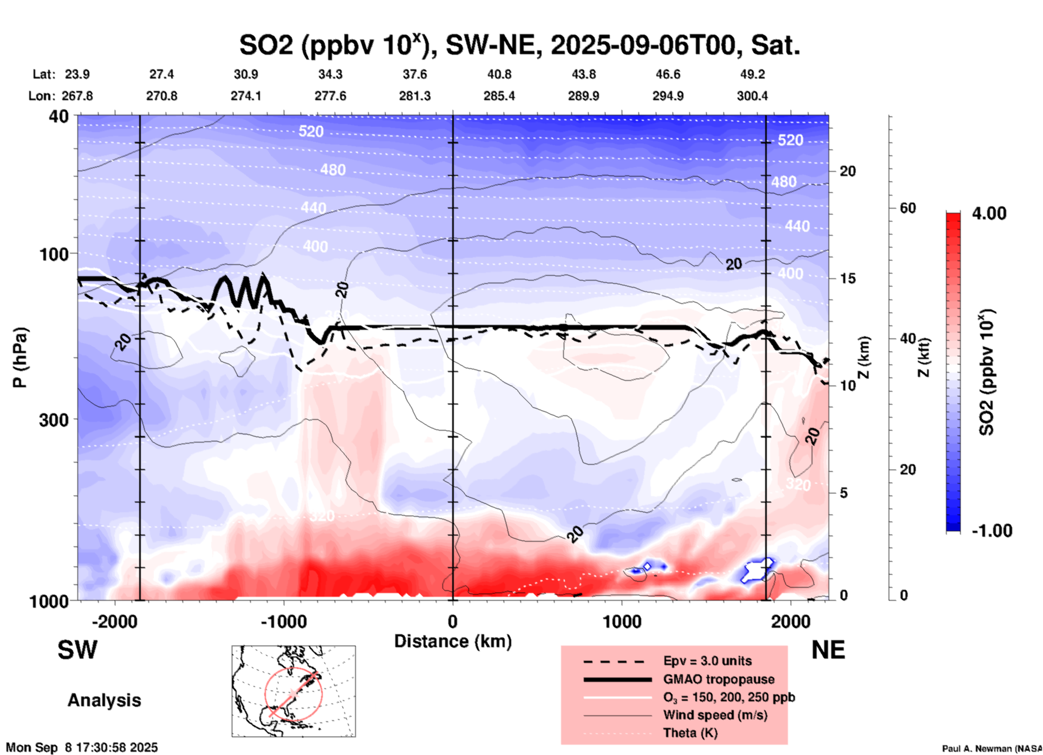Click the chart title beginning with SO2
pyautogui.click(x=519, y=45)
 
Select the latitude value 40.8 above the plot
pyautogui.click(x=499, y=74)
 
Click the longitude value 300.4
pyautogui.click(x=752, y=96)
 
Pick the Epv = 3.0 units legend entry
pyautogui.click(x=707, y=661)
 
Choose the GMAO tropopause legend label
pyautogui.click(x=719, y=679)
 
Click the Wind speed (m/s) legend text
pyautogui.click(x=715, y=715)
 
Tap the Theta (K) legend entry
pyautogui.click(x=690, y=733)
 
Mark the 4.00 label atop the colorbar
pyautogui.click(x=989, y=213)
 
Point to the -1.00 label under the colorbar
pyautogui.click(x=991, y=530)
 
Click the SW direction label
pyautogui.click(x=77, y=650)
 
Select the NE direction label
pyautogui.click(x=828, y=650)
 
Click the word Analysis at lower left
pyautogui.click(x=104, y=700)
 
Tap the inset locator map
pyautogui.click(x=294, y=691)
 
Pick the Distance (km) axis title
pyautogui.click(x=453, y=641)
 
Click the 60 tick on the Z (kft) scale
pyautogui.click(x=908, y=208)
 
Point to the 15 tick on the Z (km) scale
pyautogui.click(x=848, y=278)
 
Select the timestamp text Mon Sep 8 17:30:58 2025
pyautogui.click(x=82, y=747)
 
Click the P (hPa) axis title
pyautogui.click(x=20, y=357)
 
